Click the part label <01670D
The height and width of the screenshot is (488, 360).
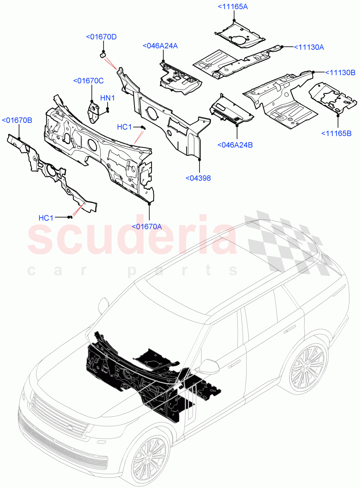[101, 37]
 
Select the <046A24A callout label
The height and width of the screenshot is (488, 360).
[160, 46]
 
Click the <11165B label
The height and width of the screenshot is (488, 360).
[337, 133]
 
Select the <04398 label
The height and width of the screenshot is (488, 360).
[198, 178]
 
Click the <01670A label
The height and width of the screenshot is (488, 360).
[147, 226]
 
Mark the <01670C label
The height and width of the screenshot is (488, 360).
[88, 81]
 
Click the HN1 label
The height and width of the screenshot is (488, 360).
[108, 98]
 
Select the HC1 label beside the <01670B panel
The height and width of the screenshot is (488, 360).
[46, 218]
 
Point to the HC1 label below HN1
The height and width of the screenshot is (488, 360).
[124, 127]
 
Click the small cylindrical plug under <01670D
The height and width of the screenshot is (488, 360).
[103, 54]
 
